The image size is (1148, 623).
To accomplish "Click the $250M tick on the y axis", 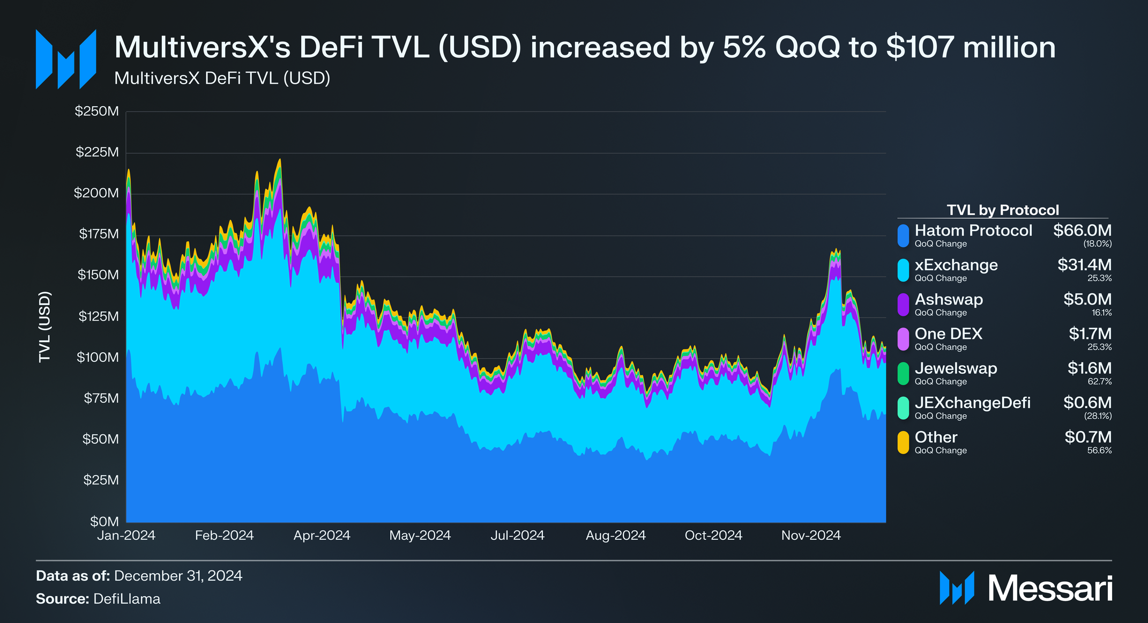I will [96, 112].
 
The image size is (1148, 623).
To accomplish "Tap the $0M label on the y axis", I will [104, 521].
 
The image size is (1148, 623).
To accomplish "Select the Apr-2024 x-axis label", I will [322, 535].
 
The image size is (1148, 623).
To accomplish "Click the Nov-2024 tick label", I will [811, 535].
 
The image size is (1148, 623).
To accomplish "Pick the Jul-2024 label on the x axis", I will [517, 535].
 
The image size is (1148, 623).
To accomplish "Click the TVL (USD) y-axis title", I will [44, 327].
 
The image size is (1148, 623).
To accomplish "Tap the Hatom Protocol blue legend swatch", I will [903, 236].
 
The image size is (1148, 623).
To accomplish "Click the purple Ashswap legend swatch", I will [903, 305].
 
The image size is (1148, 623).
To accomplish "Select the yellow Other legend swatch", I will [903, 442].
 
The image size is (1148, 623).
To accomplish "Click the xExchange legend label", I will [956, 265].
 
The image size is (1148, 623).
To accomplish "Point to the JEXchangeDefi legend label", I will [972, 403].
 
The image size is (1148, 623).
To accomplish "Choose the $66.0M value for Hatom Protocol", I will [1082, 231].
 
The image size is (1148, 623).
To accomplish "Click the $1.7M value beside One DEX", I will [1090, 334].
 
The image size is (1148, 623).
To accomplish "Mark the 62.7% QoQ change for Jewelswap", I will [1099, 382].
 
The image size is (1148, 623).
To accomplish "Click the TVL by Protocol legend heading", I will [1003, 210].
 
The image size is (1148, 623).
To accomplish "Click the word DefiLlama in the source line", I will [126, 599].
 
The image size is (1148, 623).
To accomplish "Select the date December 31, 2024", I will [178, 576].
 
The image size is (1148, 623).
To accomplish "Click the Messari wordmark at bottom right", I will [1050, 589].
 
